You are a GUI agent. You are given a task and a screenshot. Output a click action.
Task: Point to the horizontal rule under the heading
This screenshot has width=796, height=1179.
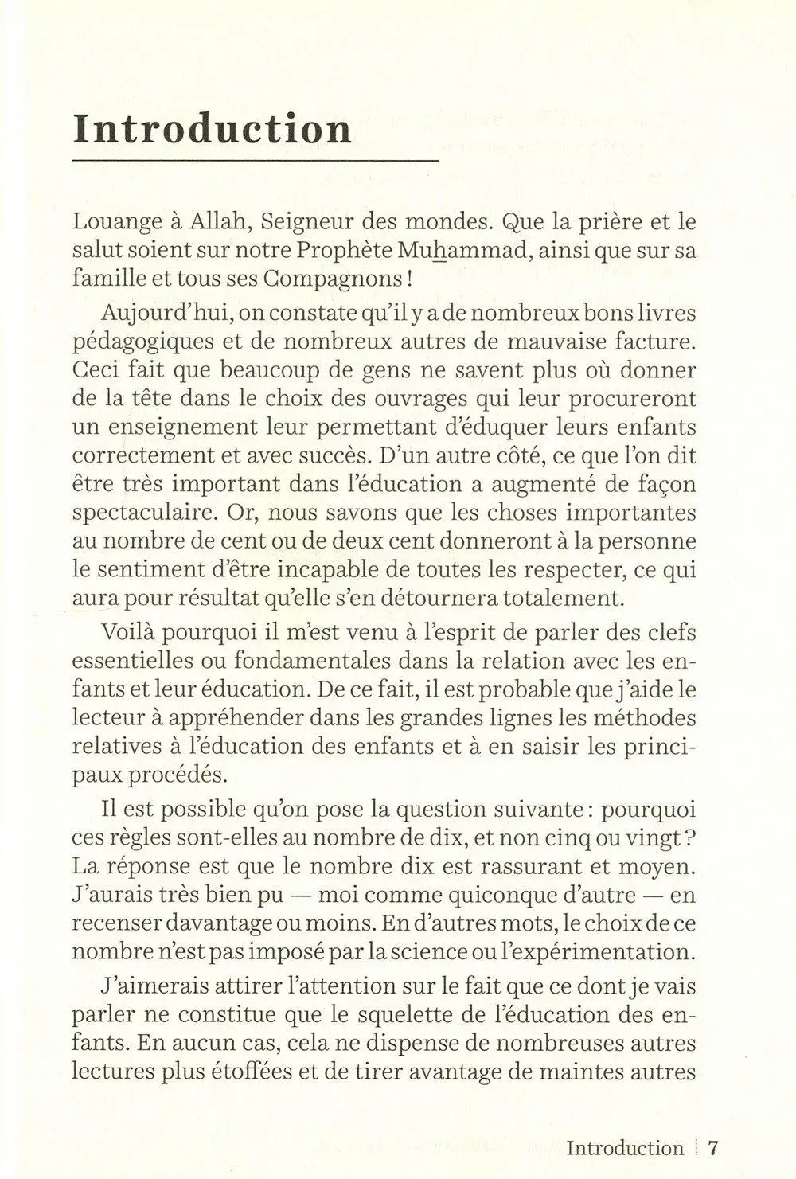click(255, 161)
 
